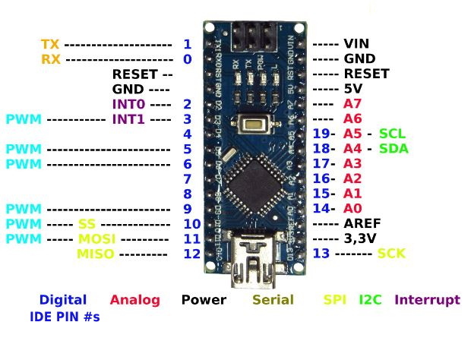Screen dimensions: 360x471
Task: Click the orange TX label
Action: (x=50, y=44)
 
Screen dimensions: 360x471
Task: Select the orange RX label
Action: (x=50, y=58)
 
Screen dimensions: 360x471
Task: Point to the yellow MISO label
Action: (x=95, y=253)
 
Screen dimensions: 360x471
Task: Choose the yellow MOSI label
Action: (x=95, y=238)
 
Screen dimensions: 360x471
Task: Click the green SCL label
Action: (x=393, y=134)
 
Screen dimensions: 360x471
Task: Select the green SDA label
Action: (x=394, y=148)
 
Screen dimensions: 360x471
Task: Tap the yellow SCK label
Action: (x=392, y=253)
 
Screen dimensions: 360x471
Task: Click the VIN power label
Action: (x=356, y=44)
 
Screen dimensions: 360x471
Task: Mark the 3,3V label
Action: (x=360, y=238)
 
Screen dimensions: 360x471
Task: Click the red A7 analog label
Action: (x=352, y=103)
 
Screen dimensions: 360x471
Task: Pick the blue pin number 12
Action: (x=191, y=253)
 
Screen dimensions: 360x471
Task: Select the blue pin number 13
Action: (x=321, y=253)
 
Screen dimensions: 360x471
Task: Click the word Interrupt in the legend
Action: (x=427, y=299)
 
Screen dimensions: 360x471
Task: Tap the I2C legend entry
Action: (x=371, y=299)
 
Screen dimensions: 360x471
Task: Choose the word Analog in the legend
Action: (x=135, y=299)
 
